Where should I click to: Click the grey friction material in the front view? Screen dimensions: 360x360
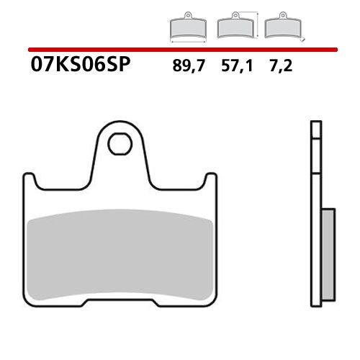(119, 252)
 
